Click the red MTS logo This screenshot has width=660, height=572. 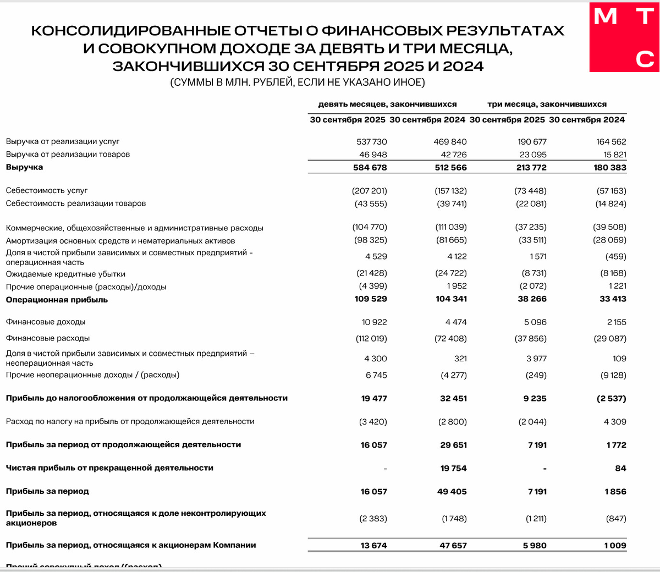click(625, 36)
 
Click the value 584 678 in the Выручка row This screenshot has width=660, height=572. click(370, 168)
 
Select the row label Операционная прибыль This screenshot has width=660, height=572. click(57, 300)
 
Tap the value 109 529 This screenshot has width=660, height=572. click(370, 299)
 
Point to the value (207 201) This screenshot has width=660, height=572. click(370, 191)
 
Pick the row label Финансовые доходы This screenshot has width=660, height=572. click(46, 322)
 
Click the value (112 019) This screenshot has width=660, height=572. click(371, 339)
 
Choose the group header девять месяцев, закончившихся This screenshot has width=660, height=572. click(387, 104)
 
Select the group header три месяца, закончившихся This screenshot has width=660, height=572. click(547, 104)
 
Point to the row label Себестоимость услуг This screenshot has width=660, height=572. click(47, 190)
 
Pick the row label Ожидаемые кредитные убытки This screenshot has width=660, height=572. click(65, 274)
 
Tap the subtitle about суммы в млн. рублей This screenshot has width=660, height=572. click(298, 83)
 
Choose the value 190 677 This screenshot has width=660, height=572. click(531, 142)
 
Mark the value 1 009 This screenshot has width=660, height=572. click(615, 546)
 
